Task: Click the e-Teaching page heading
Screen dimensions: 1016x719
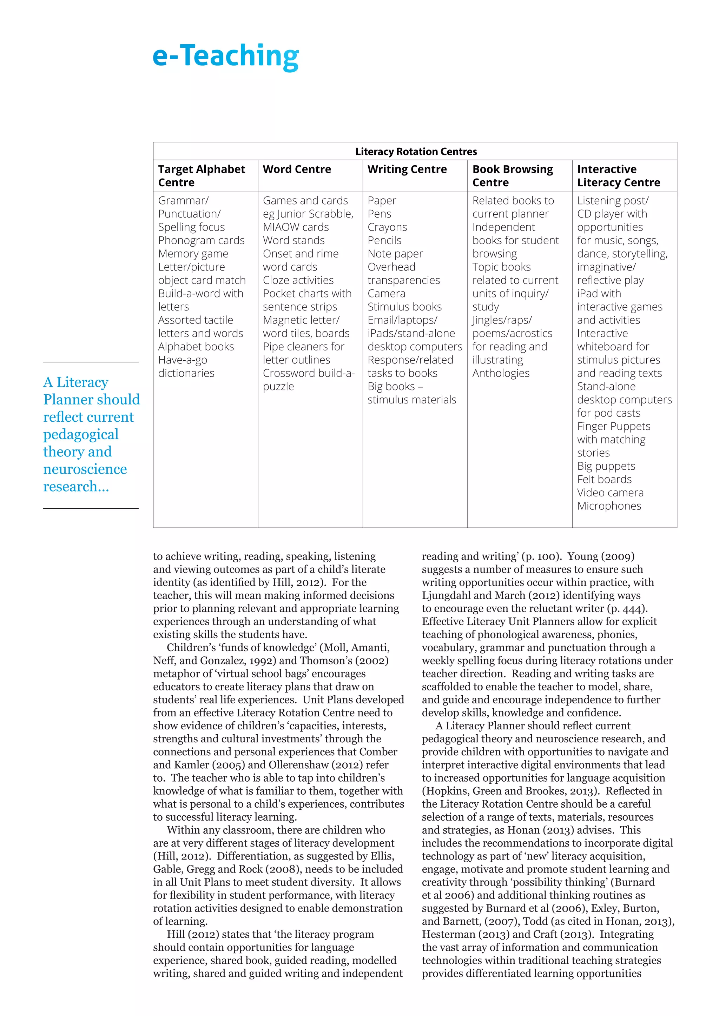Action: [x=225, y=56]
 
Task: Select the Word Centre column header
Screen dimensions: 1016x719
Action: [x=297, y=169]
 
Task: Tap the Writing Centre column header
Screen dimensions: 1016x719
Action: [x=407, y=169]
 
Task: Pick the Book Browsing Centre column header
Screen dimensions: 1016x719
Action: [x=512, y=176]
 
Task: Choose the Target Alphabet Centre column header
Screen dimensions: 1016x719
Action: [x=202, y=176]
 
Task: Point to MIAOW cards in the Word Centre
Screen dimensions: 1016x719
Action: [x=295, y=227]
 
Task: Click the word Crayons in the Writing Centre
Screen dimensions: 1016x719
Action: [x=387, y=227]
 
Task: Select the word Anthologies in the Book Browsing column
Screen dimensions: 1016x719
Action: [x=501, y=373]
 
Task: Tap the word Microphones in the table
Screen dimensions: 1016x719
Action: [x=609, y=506]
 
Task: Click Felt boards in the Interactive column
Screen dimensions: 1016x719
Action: [x=604, y=479]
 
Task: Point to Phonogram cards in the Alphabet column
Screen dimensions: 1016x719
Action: [x=201, y=240]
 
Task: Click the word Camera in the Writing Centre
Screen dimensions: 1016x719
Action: [x=386, y=293]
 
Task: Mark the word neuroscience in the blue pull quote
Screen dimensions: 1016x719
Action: [x=85, y=469]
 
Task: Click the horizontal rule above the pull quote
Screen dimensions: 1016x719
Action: [x=91, y=362]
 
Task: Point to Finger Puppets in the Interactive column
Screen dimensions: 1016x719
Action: [x=613, y=426]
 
